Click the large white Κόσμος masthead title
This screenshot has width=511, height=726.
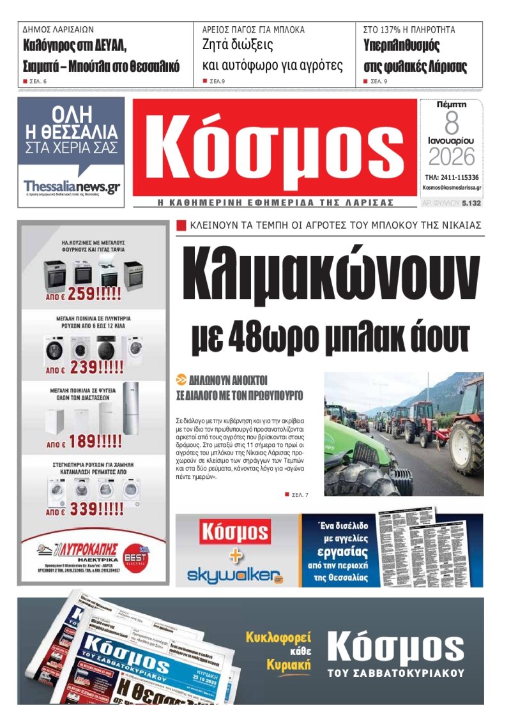click(x=275, y=149)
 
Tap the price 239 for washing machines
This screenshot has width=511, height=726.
click(x=86, y=368)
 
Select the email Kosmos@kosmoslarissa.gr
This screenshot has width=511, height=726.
click(x=452, y=188)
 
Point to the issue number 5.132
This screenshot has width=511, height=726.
click(x=471, y=202)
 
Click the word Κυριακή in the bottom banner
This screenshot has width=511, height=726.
click(x=289, y=665)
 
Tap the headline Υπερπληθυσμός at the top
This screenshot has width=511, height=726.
click(x=400, y=46)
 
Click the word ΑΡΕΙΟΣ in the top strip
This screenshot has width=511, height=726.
click(x=217, y=30)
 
